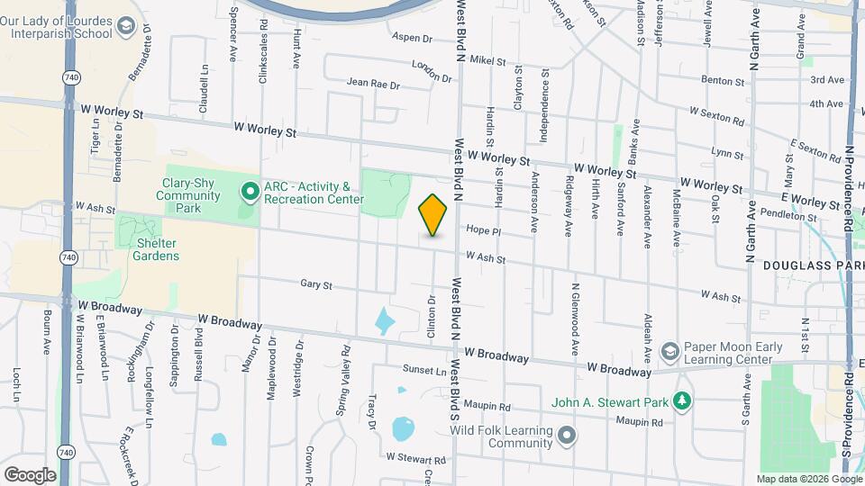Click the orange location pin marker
[x=433, y=215]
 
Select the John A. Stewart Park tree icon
[x=683, y=400]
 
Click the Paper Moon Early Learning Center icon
[x=669, y=350]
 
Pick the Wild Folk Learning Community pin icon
[x=566, y=436]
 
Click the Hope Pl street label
[x=483, y=230]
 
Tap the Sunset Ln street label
[x=424, y=370]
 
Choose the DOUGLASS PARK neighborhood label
[x=807, y=266]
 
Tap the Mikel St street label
[x=488, y=60]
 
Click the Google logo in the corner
[x=30, y=474]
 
